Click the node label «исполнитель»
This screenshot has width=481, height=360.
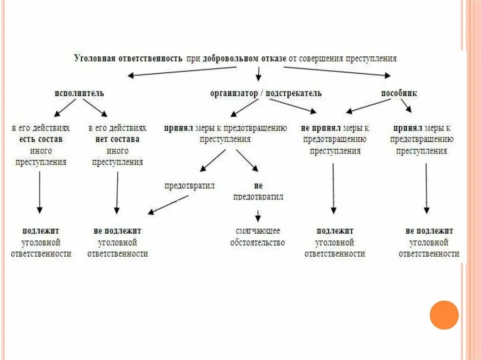[79, 93]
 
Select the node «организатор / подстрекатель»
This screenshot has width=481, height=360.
[265, 93]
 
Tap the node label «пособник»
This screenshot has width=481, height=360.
[399, 93]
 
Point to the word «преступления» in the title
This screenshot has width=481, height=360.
[371, 59]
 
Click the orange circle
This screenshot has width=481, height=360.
[444, 314]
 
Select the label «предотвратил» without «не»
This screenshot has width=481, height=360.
[189, 186]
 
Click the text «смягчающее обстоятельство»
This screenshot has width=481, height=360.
[257, 237]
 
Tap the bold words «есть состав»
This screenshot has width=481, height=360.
[40, 139]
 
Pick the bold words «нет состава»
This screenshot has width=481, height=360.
[117, 139]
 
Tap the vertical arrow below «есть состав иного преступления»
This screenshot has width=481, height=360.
[39, 192]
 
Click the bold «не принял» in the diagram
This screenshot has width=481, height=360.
[318, 128]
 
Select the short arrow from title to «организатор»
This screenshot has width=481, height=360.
[258, 73]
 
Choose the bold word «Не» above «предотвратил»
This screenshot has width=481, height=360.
[257, 186]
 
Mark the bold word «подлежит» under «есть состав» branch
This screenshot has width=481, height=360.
[40, 231]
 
